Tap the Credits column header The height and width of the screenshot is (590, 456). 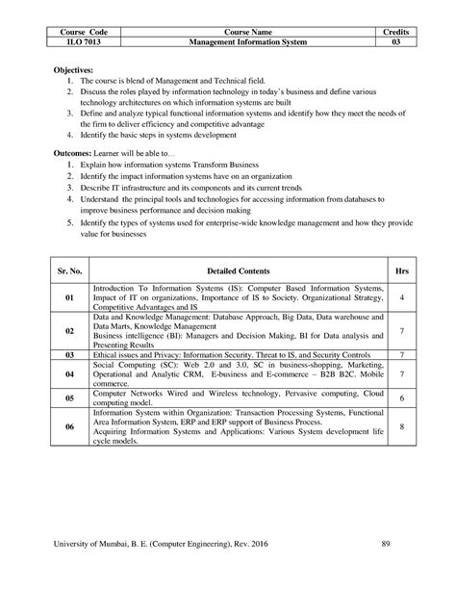coord(394,32)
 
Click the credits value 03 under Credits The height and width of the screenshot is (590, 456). coord(394,42)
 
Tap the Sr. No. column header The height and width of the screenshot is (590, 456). coord(69,271)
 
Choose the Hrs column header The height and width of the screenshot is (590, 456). coord(401,271)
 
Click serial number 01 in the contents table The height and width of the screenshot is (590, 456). coord(69,299)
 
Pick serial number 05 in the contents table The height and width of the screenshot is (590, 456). coord(69,398)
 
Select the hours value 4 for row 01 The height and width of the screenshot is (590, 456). coord(401,299)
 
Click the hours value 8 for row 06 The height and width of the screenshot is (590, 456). coord(401,426)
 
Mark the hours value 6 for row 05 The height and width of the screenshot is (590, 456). coord(401,398)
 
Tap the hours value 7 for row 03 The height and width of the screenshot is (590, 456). coord(401,355)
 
